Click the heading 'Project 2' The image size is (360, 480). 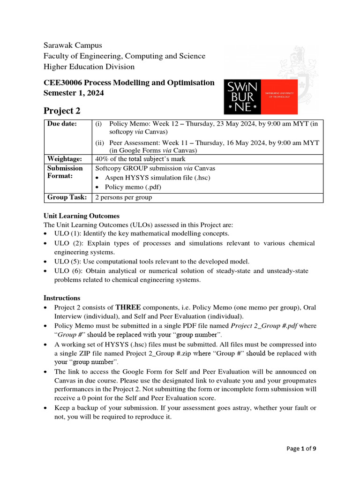(x=62, y=111)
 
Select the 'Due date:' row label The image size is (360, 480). (x=62, y=124)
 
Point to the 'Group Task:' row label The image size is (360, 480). (x=67, y=197)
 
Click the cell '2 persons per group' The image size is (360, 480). (x=124, y=197)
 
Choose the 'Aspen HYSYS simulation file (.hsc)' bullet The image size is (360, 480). (x=157, y=178)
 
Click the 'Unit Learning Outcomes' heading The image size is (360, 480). (x=82, y=216)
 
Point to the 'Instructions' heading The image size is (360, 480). (x=62, y=298)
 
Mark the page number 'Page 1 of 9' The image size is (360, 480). (x=301, y=449)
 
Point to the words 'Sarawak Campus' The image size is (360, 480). (x=73, y=45)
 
